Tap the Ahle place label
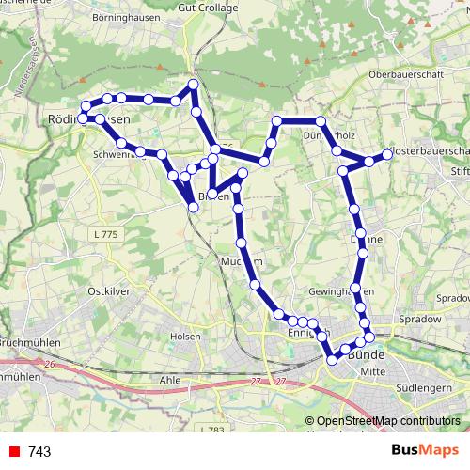pyautogui.click(x=170, y=380)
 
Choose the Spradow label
pyautogui.click(x=419, y=320)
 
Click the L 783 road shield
pyautogui.click(x=215, y=430)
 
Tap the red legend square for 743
pyautogui.click(x=13, y=452)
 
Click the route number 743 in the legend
pyautogui.click(x=39, y=452)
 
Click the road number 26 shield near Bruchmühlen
pyautogui.click(x=50, y=363)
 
